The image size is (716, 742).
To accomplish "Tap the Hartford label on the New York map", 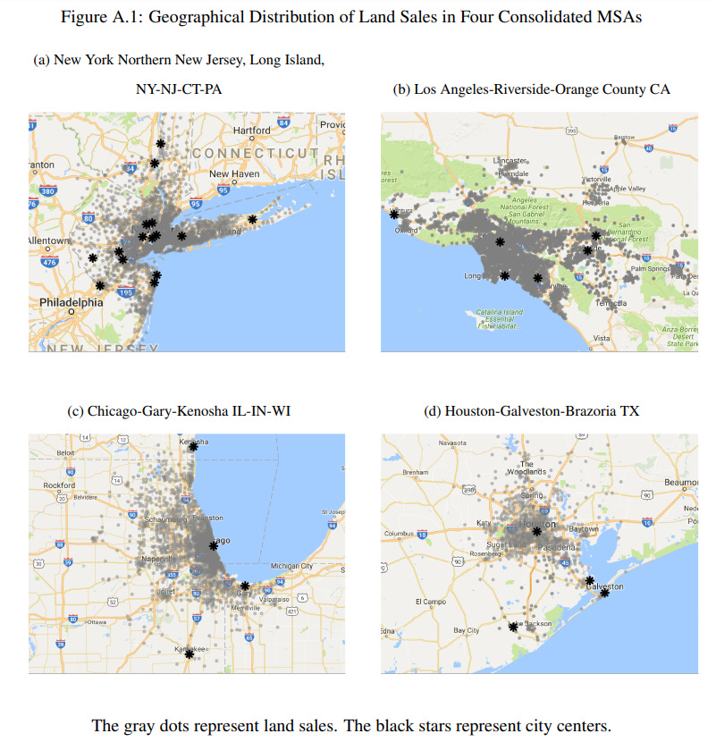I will [x=251, y=131].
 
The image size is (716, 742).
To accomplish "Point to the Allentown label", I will [x=49, y=241].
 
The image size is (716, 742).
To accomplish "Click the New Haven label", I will [x=234, y=173].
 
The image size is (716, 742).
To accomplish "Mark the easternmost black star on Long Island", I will [x=253, y=219].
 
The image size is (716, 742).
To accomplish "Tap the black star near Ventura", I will [x=392, y=214].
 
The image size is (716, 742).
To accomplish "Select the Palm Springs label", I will [x=650, y=268].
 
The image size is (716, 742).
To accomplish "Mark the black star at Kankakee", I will [x=190, y=654].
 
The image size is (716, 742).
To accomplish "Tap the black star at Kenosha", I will [x=194, y=445].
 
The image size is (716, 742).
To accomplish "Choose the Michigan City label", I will [x=292, y=566].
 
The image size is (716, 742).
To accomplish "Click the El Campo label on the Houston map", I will [x=431, y=602].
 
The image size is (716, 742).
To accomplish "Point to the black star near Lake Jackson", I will [x=513, y=627].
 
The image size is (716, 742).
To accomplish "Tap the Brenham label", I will [x=417, y=472].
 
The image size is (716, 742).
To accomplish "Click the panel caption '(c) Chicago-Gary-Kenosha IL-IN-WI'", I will [x=179, y=411].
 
